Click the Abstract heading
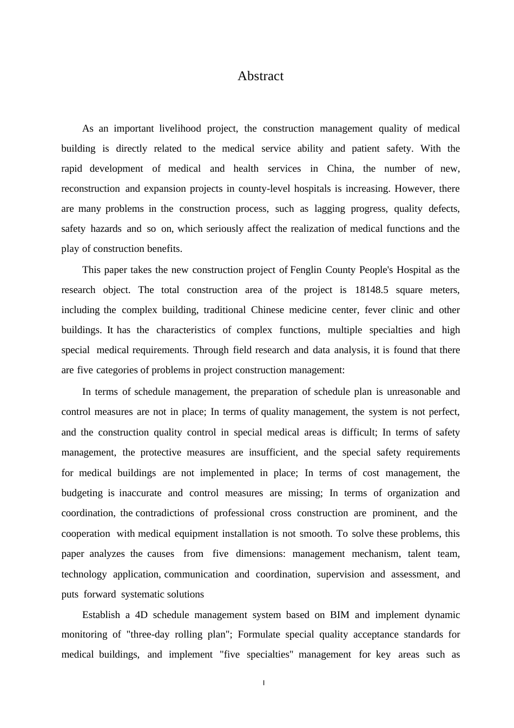[260, 76]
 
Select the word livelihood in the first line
[180, 129]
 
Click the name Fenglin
[308, 270]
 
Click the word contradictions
[164, 513]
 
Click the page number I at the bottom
[263, 683]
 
